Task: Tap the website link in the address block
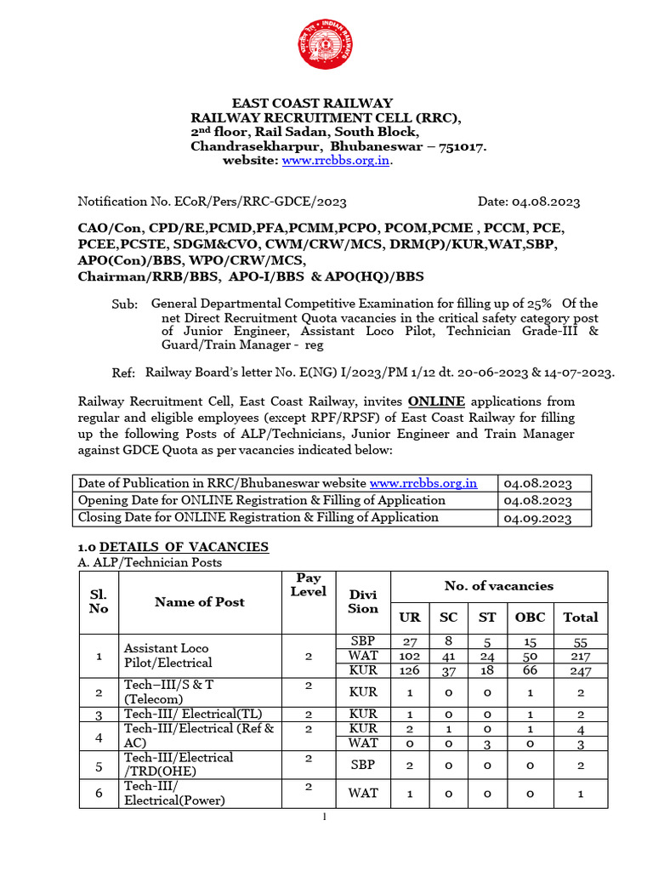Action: (x=337, y=161)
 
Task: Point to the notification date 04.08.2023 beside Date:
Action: (x=546, y=202)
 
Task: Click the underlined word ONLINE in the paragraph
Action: (x=436, y=401)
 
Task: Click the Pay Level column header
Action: (x=308, y=584)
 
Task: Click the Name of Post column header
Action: (x=200, y=601)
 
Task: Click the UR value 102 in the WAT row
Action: (x=410, y=656)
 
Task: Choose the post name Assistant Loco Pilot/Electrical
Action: (x=168, y=655)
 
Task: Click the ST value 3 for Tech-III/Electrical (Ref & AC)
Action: (x=487, y=744)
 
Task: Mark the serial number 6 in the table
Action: (x=99, y=793)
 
